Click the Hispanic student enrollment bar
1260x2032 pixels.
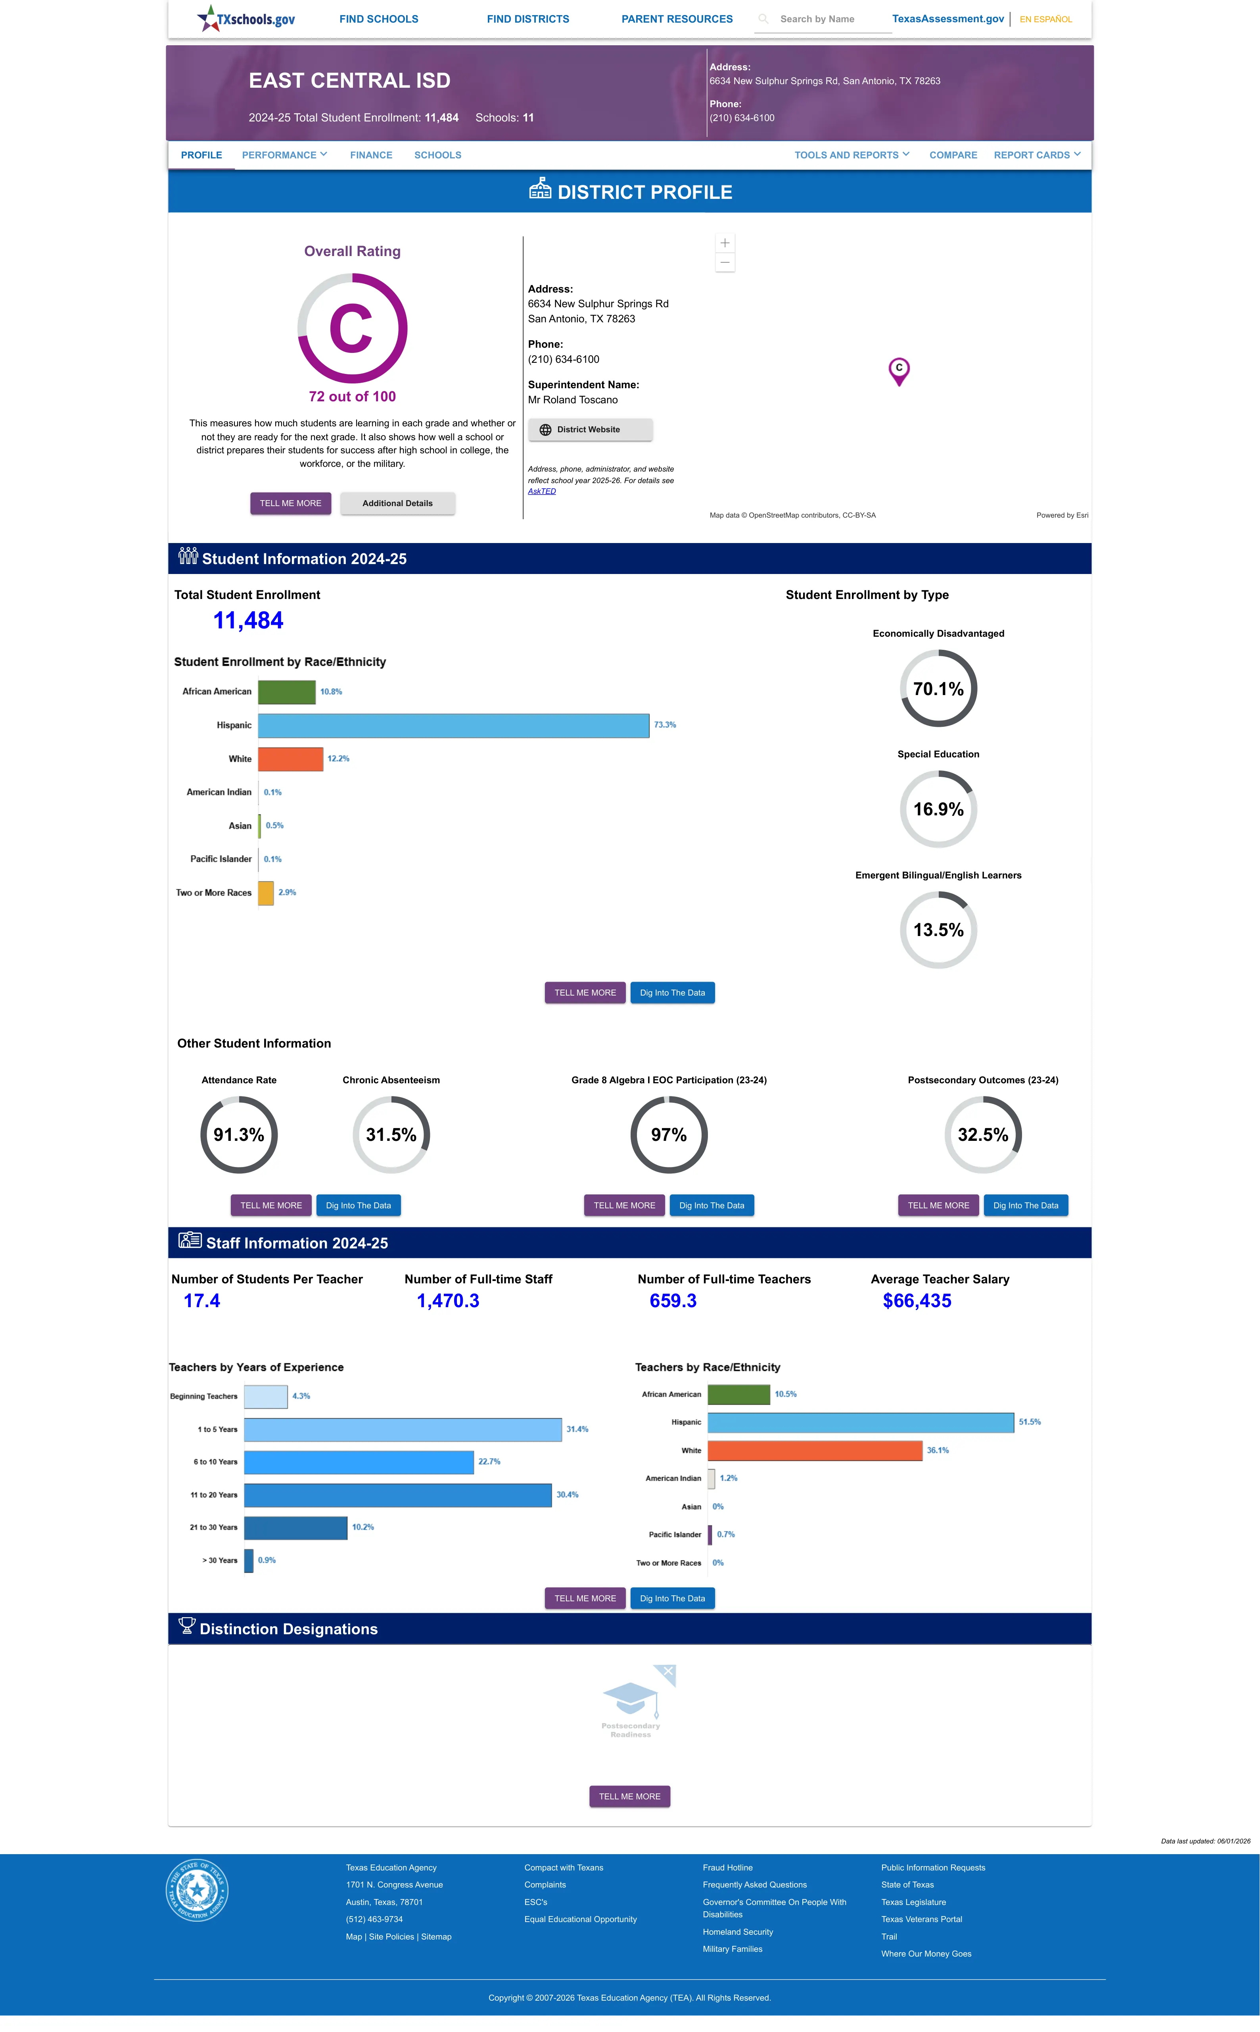tap(453, 725)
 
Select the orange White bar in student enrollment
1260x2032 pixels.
tap(290, 759)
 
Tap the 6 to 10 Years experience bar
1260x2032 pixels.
tap(359, 1462)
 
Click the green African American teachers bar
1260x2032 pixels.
tap(738, 1394)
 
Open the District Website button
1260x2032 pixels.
tap(590, 430)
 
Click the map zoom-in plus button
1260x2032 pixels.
tap(725, 243)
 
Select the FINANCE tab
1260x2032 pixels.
tap(371, 155)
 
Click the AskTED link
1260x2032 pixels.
tap(542, 491)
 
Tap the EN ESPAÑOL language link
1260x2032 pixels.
tap(1046, 19)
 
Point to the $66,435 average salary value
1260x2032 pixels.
tap(917, 1301)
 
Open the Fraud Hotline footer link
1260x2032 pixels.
tap(727, 1868)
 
